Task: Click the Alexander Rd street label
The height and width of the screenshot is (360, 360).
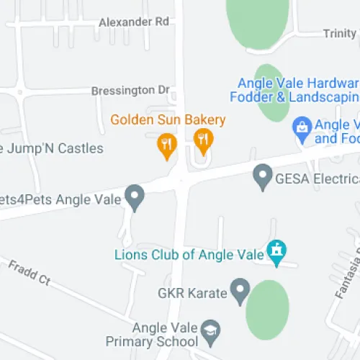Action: (x=134, y=22)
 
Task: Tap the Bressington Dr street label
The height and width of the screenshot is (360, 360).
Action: (x=130, y=91)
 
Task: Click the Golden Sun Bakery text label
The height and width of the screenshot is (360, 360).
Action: (x=168, y=120)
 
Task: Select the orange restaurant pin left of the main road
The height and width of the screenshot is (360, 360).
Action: (x=167, y=145)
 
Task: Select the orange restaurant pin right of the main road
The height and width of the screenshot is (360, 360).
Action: (x=204, y=140)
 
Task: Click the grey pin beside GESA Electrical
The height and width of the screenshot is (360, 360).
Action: (x=263, y=176)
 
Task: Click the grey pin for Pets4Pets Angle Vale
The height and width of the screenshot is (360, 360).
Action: (x=134, y=196)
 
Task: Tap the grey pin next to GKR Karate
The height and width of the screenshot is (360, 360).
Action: (x=239, y=292)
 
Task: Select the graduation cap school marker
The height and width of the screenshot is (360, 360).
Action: (x=210, y=330)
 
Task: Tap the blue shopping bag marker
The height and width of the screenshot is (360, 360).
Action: (x=302, y=128)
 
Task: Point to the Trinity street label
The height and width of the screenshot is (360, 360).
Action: (x=339, y=34)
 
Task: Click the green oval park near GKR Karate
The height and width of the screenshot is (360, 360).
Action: (x=267, y=310)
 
